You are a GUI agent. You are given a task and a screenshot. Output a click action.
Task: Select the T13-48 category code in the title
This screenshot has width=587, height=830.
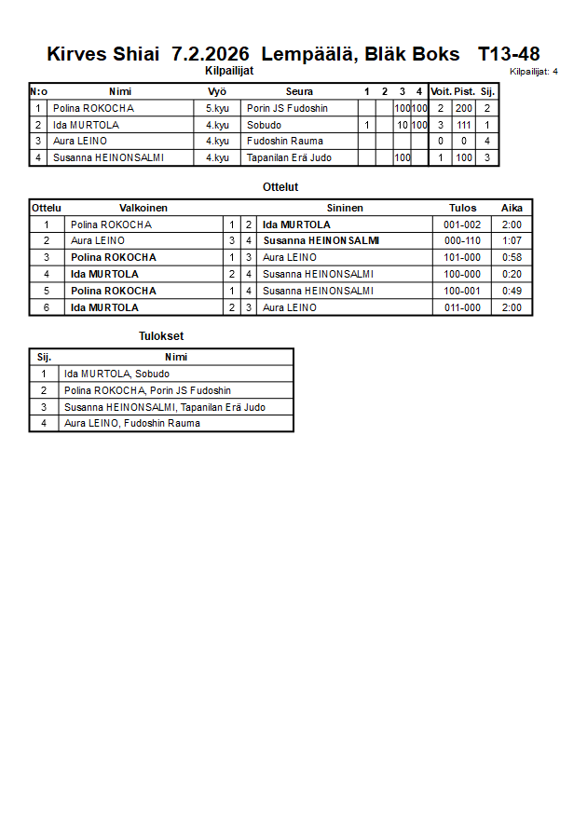(x=509, y=54)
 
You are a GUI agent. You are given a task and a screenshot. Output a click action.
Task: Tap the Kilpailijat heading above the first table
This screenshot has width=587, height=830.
(x=229, y=70)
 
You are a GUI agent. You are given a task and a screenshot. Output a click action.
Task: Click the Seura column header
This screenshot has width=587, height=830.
(x=299, y=91)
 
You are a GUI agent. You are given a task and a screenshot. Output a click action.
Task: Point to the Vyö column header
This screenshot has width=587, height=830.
(x=217, y=91)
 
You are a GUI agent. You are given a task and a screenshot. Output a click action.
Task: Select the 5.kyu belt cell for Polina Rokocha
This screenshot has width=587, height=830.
(x=217, y=108)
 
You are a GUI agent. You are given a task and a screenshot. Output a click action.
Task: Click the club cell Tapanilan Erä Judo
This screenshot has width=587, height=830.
(x=289, y=157)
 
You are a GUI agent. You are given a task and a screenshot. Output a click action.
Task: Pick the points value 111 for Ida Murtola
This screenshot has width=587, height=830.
(x=464, y=125)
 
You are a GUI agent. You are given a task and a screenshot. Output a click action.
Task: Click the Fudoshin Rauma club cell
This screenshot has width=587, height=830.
(x=284, y=141)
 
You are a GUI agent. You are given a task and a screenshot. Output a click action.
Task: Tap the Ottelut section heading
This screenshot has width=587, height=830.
(x=280, y=187)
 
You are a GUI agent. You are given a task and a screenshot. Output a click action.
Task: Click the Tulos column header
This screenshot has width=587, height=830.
(x=462, y=208)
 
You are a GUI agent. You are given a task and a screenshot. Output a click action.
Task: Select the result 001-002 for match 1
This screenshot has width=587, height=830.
(x=462, y=225)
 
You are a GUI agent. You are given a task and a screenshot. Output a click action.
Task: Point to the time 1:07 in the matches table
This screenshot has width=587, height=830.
(x=512, y=240)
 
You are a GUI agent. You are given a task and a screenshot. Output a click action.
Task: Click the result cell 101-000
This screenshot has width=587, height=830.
(x=462, y=257)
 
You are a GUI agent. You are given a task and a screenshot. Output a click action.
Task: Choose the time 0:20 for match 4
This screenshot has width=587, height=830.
(x=512, y=274)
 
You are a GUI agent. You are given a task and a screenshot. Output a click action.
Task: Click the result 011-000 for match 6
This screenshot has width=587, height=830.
(x=462, y=307)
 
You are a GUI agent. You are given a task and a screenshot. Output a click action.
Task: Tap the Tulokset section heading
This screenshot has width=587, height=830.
(x=160, y=336)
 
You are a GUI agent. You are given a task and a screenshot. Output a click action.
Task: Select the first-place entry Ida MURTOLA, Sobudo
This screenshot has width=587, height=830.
(x=116, y=374)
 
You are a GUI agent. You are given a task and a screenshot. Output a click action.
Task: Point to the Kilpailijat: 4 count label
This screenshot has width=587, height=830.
(x=534, y=71)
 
